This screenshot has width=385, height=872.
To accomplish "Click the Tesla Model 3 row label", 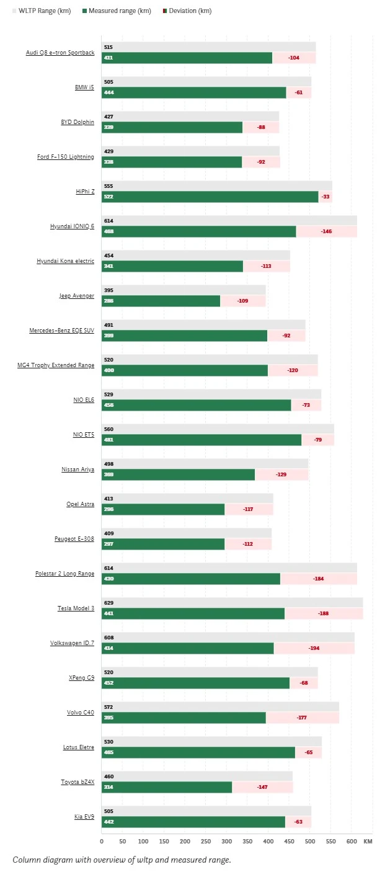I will point(76,608).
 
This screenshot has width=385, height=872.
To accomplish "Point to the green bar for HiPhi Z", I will point(211,197).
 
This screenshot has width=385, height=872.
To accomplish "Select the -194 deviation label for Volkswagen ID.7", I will point(314,648).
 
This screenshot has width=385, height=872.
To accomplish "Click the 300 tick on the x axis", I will point(185,841).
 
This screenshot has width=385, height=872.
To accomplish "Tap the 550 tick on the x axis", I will point(330,841).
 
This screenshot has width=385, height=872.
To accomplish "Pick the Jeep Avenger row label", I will point(76,296).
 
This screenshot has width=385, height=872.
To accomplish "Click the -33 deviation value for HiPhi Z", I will point(326,197).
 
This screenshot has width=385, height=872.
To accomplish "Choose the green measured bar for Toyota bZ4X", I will point(167,787).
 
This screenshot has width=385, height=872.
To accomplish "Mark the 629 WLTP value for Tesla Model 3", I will point(109,603).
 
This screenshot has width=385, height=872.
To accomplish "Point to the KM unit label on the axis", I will point(368,841).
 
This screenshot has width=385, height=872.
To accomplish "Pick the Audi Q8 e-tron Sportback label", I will point(60,53).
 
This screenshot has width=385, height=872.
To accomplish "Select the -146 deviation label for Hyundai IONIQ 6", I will point(326,231).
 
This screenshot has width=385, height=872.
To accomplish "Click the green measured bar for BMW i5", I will point(193,92).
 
